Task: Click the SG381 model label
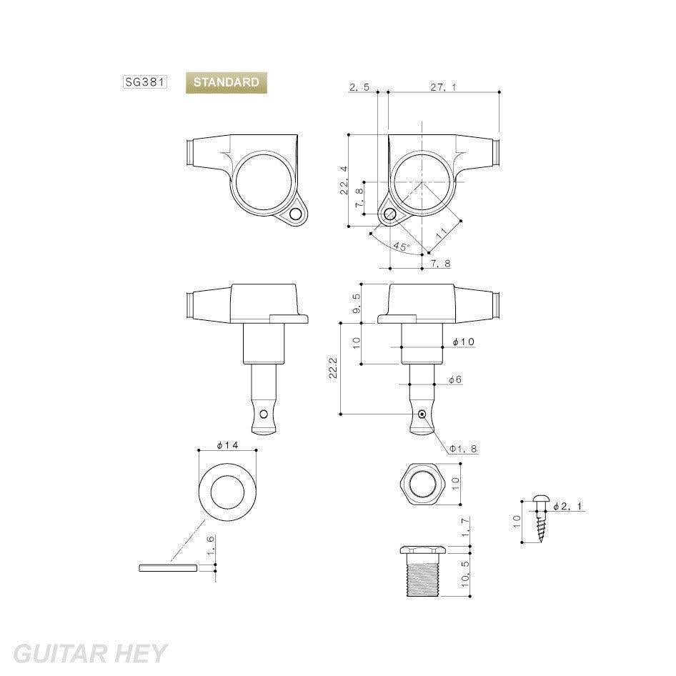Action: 144,82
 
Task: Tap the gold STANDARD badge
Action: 227,82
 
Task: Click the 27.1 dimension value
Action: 443,87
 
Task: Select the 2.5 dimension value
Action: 359,87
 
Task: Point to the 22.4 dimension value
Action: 344,181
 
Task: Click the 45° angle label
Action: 401,247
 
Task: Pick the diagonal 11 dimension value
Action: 442,233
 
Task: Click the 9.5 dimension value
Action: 357,304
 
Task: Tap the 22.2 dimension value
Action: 333,368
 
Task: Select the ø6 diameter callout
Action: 454,379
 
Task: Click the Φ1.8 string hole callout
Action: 464,449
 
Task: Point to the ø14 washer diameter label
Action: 227,444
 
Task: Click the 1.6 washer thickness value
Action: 210,547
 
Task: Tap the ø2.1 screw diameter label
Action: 568,506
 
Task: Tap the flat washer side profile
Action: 168,568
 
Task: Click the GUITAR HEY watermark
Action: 90,654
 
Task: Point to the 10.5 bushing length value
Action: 464,574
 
